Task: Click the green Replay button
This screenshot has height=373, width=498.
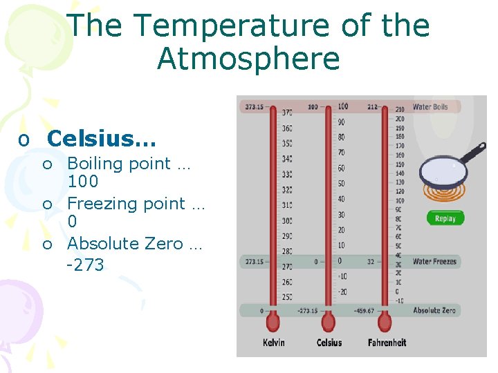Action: [x=445, y=218]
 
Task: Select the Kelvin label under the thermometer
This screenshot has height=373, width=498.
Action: [x=274, y=343]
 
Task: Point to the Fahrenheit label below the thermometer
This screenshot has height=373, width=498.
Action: [x=387, y=343]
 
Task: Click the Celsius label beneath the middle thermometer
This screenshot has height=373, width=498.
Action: [x=329, y=343]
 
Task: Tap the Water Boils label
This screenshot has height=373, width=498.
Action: [x=430, y=107]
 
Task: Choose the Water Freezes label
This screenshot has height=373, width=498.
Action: [x=434, y=262]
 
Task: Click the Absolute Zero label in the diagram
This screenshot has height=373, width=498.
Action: [x=434, y=311]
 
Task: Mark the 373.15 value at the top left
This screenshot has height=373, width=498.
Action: [x=254, y=107]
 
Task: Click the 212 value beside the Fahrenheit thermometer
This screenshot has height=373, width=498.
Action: [x=373, y=107]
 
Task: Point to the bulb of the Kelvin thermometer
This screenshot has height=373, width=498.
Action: [x=273, y=323]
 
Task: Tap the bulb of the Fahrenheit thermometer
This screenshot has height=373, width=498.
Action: [x=386, y=323]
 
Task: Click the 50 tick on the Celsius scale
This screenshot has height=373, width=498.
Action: [x=341, y=184]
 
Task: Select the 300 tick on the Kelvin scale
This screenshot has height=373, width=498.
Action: [x=286, y=220]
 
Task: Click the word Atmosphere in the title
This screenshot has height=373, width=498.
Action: [x=248, y=59]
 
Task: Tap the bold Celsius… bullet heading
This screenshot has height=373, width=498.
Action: [x=102, y=138]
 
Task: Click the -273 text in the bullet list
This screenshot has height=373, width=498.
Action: [x=85, y=265]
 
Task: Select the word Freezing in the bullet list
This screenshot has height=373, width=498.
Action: [x=97, y=204]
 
